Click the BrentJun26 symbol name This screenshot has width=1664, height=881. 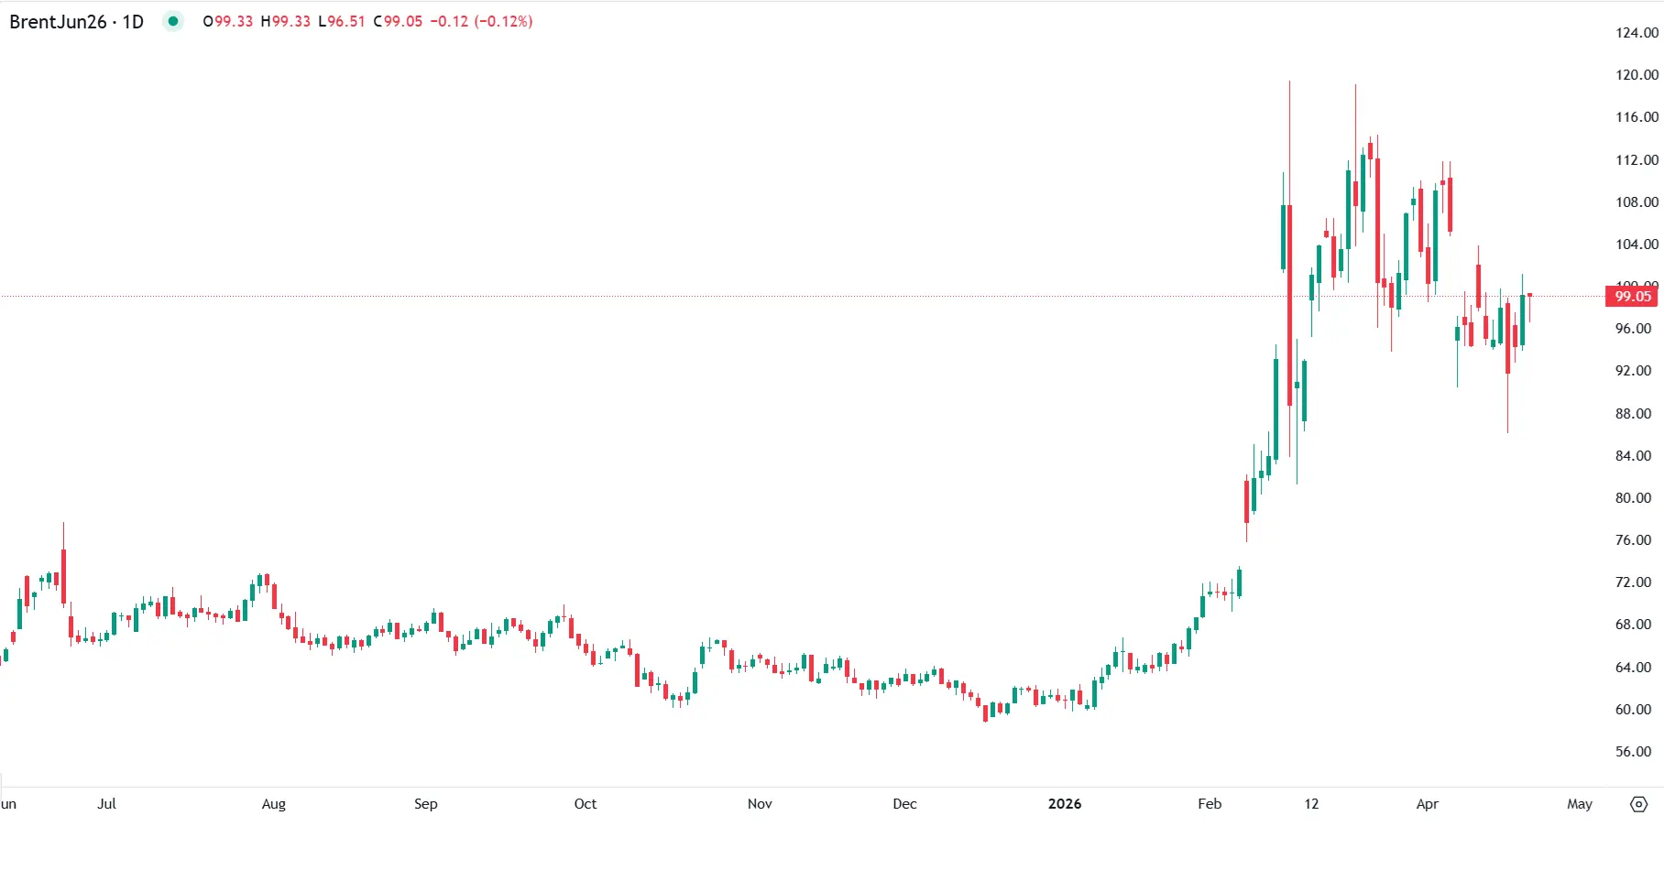pyautogui.click(x=58, y=22)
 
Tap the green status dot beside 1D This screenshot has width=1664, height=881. pyautogui.click(x=172, y=21)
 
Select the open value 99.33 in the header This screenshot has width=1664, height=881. pyautogui.click(x=233, y=21)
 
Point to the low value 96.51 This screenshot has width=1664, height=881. pyautogui.click(x=346, y=21)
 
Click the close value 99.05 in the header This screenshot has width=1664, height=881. pyautogui.click(x=403, y=21)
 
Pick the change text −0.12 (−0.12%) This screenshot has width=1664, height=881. pyautogui.click(x=481, y=21)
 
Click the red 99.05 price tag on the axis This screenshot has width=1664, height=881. pyautogui.click(x=1632, y=296)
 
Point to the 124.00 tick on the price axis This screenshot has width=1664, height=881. pyautogui.click(x=1637, y=33)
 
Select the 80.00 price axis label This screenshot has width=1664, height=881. pyautogui.click(x=1633, y=498)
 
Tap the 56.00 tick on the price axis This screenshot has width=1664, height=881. pyautogui.click(x=1633, y=752)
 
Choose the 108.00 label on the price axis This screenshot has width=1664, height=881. pyautogui.click(x=1637, y=202)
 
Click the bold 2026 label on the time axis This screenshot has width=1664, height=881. pyautogui.click(x=1064, y=804)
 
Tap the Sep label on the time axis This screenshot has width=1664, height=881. pyautogui.click(x=425, y=804)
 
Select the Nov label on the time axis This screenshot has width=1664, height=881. pyautogui.click(x=760, y=804)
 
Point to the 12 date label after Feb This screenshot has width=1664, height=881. pyautogui.click(x=1311, y=804)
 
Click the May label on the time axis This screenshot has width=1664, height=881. pyautogui.click(x=1580, y=804)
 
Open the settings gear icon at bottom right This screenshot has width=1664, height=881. pyautogui.click(x=1639, y=804)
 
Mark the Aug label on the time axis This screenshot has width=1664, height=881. pyautogui.click(x=273, y=804)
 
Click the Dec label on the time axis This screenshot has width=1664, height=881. pyautogui.click(x=904, y=804)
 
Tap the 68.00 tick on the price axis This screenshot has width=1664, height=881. pyautogui.click(x=1633, y=625)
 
